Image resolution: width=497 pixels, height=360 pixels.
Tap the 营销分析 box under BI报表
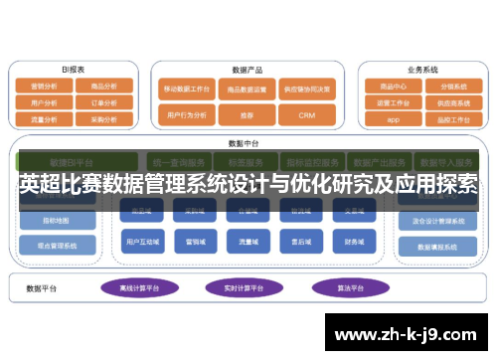pos(44,86)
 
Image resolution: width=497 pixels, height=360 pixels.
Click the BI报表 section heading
pos(73,70)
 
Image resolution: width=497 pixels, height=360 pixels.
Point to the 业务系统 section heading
pos(421,70)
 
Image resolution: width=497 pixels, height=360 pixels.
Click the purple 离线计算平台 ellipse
pos(137,287)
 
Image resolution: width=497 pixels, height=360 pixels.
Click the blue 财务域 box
pos(353,240)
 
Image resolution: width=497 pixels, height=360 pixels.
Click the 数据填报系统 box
pos(437,246)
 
